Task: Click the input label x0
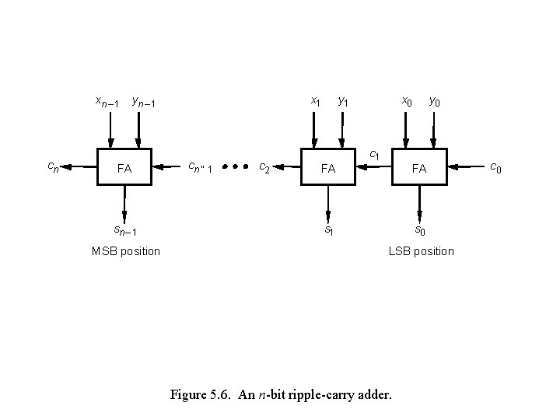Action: click(x=406, y=101)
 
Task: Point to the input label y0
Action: click(x=436, y=101)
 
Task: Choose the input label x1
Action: click(x=315, y=101)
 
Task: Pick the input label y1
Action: click(x=343, y=101)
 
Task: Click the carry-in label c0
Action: click(x=495, y=166)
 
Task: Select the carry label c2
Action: click(x=264, y=166)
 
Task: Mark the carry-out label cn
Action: click(x=52, y=166)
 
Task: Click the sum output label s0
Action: click(x=419, y=230)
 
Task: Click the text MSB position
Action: click(x=125, y=251)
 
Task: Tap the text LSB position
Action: click(x=422, y=251)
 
